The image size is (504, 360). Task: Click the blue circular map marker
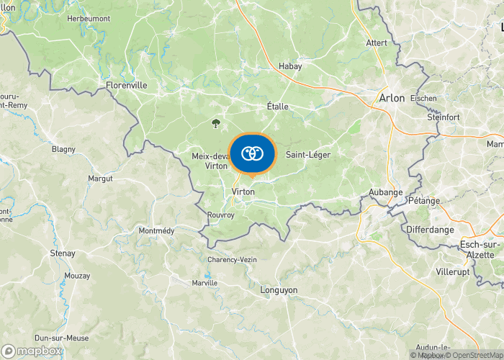252,153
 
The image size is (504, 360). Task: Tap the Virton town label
243,192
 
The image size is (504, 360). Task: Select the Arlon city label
392,97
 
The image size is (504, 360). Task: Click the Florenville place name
126,85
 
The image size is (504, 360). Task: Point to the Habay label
290,66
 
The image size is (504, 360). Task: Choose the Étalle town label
277,107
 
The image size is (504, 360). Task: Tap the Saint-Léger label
307,155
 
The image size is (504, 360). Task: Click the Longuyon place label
278,289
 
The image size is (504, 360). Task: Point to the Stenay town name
63,253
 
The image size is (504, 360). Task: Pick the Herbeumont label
88,18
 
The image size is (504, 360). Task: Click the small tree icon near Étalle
215,122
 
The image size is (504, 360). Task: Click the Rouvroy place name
220,215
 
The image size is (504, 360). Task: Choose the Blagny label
63,150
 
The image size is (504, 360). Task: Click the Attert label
377,43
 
